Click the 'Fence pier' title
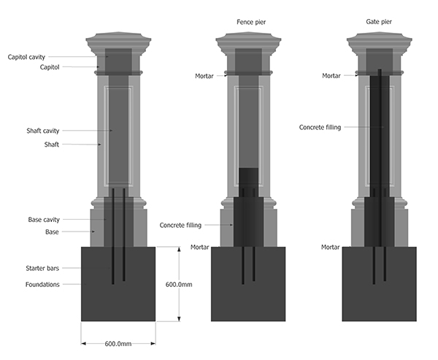coord(251,22)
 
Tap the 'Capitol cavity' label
coord(29,57)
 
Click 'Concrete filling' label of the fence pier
coord(180,225)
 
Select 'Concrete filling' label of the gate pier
coord(320,127)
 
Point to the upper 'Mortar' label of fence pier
coord(204,75)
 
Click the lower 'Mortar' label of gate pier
coord(330,248)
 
